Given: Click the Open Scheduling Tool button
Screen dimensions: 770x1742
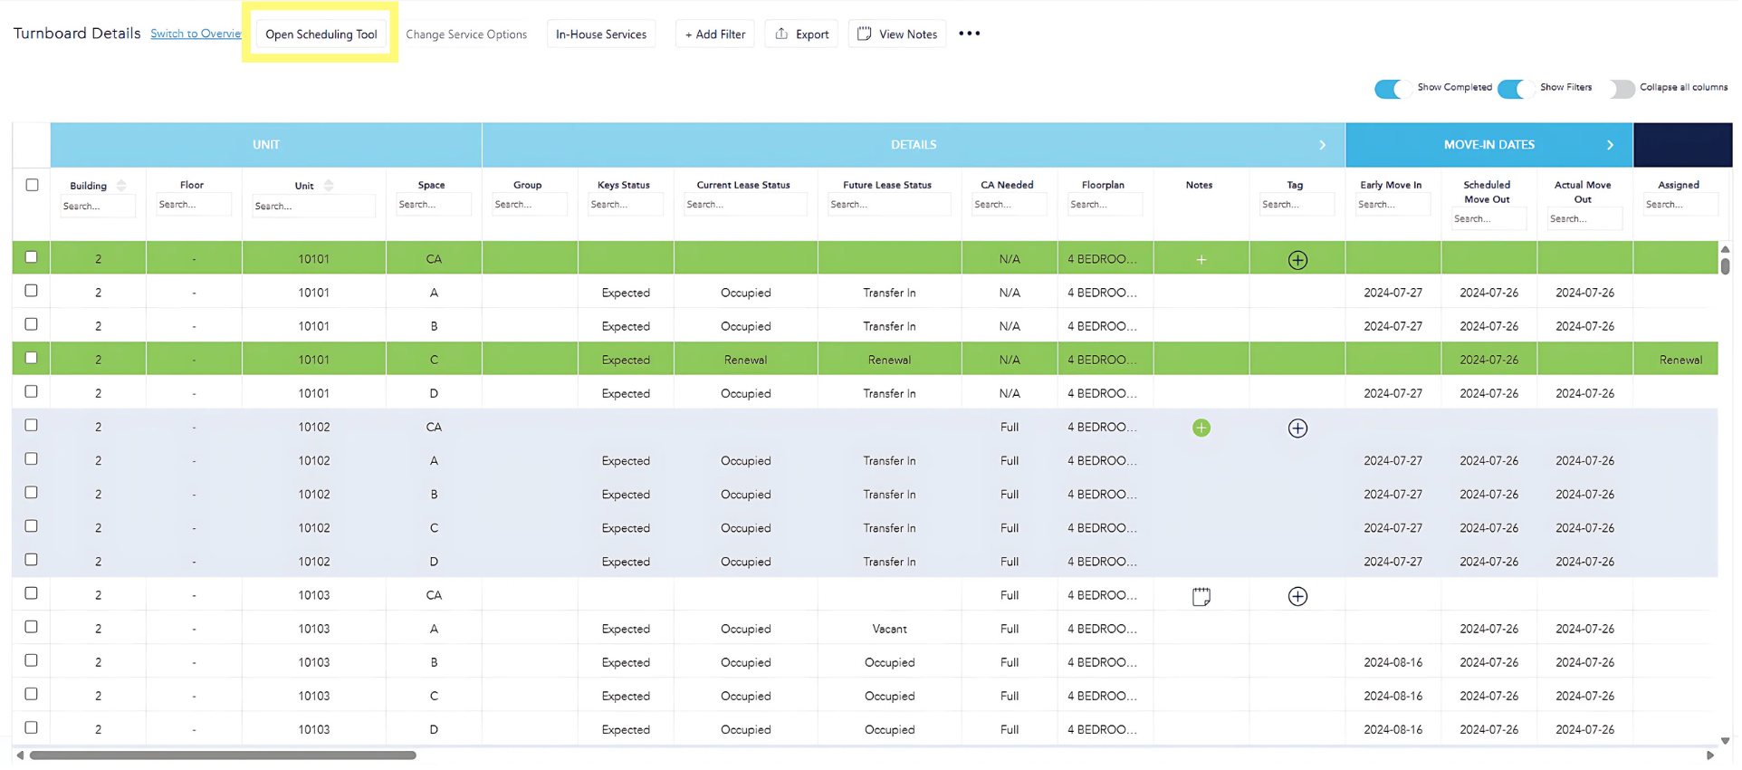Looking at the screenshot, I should click(x=321, y=34).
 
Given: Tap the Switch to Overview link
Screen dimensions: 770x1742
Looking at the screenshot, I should click(x=196, y=34).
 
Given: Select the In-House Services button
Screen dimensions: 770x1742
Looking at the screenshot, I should click(x=601, y=34).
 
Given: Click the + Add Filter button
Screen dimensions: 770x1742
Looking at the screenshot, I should click(x=714, y=34).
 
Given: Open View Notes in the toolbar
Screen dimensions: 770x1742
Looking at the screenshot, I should click(x=897, y=34).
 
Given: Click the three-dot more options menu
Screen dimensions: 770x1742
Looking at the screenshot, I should click(x=969, y=34).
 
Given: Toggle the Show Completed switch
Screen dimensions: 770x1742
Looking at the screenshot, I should click(x=1392, y=89).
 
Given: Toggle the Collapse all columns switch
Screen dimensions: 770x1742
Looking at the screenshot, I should click(x=1622, y=89).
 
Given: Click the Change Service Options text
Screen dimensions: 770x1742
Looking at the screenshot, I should click(x=466, y=34).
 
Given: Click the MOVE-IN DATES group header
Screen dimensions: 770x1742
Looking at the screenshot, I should click(x=1488, y=145).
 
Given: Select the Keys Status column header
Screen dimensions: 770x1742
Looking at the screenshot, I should click(x=624, y=185).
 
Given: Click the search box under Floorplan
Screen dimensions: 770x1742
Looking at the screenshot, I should click(x=1103, y=205).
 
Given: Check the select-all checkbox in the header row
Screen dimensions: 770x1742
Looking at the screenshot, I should click(x=32, y=185).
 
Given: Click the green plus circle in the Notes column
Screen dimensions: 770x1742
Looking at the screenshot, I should click(x=1201, y=428).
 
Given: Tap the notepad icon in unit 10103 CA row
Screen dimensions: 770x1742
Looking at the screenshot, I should click(x=1201, y=597).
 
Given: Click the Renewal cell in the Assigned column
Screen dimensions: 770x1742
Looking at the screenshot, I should click(x=1680, y=360).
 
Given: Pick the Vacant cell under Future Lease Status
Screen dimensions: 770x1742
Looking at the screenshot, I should click(x=889, y=629).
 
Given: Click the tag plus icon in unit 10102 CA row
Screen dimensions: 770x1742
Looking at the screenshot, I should click(x=1297, y=428).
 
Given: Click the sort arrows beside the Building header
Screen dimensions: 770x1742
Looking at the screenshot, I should click(x=121, y=186).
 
